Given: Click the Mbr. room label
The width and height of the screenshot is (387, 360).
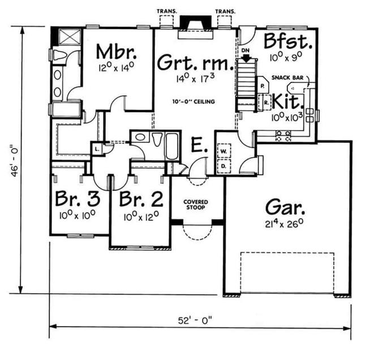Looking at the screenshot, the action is click(x=116, y=51).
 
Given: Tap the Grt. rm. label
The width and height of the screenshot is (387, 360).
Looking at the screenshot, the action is click(x=195, y=62).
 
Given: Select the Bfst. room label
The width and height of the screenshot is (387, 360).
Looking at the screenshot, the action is click(x=288, y=41).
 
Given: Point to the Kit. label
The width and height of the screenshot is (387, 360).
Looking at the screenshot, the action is click(x=287, y=101).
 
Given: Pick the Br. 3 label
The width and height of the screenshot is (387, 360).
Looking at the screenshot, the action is click(x=78, y=198).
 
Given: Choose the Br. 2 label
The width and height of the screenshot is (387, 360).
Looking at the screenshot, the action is click(x=141, y=199).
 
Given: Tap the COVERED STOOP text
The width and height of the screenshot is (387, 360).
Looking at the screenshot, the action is click(x=196, y=205).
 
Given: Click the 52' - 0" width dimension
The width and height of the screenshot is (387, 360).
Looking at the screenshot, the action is click(x=195, y=321).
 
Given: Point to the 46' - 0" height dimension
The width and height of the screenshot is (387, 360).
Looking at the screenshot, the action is click(x=15, y=162).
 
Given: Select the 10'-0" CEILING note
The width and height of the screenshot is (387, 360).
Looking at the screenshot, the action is click(x=193, y=101).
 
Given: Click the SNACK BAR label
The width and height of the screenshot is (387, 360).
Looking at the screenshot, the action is click(x=287, y=77).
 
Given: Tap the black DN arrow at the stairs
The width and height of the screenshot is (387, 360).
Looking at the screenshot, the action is click(x=246, y=58).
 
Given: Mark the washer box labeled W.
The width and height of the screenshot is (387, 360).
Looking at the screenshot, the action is click(x=223, y=151).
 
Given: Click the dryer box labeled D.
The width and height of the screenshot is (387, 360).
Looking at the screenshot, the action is click(x=223, y=166).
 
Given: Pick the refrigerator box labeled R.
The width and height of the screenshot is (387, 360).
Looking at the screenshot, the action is click(x=265, y=103).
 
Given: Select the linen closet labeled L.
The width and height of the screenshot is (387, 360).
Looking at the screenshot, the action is click(x=97, y=149).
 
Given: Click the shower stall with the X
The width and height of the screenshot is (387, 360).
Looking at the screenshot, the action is click(x=70, y=37).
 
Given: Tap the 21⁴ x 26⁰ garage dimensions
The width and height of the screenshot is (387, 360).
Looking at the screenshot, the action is click(x=284, y=224).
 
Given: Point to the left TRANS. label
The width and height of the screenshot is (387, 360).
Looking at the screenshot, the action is click(x=167, y=11).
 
